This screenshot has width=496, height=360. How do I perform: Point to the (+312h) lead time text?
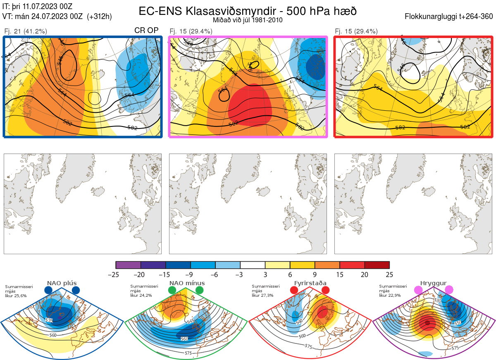(99, 17)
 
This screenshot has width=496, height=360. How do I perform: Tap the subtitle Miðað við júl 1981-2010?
(248, 20)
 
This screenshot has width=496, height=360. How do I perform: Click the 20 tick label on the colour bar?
(364, 274)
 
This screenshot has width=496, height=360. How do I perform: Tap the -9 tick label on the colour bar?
(191, 274)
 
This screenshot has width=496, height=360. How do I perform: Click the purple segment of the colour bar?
(128, 265)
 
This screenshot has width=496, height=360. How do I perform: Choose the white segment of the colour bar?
(253, 265)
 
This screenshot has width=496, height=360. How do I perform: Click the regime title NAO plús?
(60, 284)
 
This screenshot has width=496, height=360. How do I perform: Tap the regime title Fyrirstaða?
(309, 284)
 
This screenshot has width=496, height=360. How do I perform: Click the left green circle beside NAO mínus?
(172, 291)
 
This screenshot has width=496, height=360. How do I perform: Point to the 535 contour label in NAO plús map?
(49, 321)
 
